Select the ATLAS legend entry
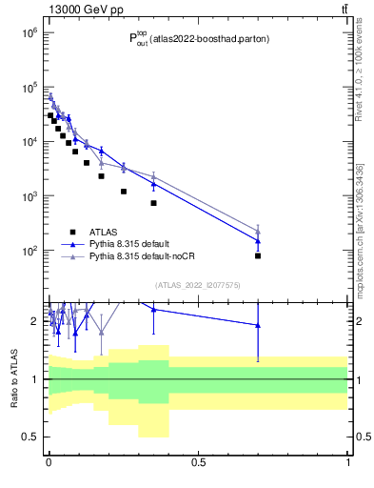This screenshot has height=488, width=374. point(105,231)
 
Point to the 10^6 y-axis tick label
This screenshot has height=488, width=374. point(29,32)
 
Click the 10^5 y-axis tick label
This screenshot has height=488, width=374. point(29,87)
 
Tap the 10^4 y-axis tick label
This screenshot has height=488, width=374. point(29,141)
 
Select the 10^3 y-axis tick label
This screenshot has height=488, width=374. point(29,195)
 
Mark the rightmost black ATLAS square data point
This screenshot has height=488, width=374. point(258,255)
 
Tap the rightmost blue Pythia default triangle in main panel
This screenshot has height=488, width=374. point(258,241)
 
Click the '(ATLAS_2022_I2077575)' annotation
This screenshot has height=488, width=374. point(197,284)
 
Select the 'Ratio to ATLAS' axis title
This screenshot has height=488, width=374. point(14,378)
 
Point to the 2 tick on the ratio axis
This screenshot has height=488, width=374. point(35,321)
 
